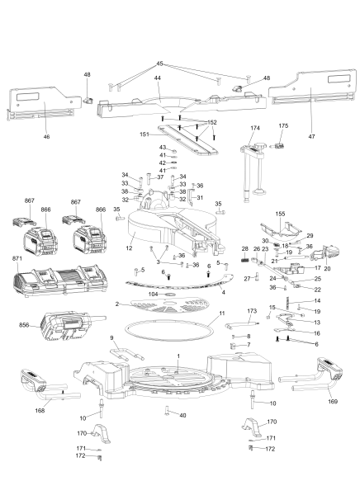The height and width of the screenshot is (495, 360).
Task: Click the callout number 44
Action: tap(157, 78)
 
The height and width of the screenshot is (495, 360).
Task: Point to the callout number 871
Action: tap(17, 259)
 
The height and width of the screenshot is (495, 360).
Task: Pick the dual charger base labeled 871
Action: tap(62, 287)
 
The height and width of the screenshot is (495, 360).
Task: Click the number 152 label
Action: tap(212, 122)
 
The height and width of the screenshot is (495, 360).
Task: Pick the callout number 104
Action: tap(152, 294)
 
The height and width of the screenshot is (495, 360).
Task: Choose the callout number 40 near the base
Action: tap(183, 415)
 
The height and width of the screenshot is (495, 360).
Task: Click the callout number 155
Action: tap(281, 214)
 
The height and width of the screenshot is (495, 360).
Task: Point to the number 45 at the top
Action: tap(159, 64)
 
